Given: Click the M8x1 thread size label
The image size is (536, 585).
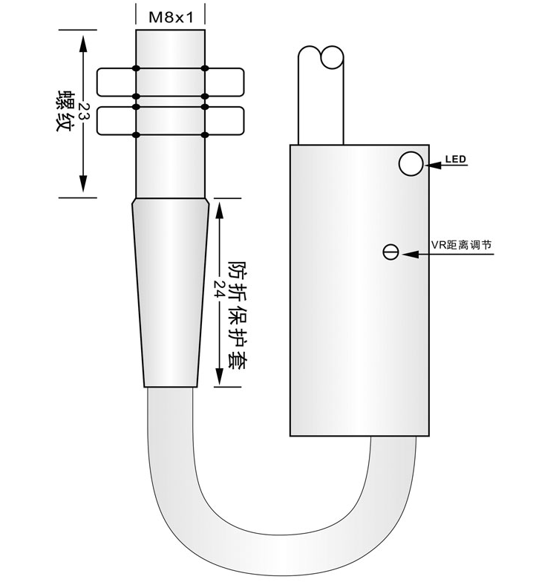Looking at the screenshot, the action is [171, 17].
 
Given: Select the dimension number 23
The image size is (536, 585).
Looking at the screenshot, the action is [83, 111].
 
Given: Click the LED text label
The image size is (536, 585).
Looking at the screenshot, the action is [456, 160].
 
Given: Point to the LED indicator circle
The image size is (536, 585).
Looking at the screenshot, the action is [411, 163].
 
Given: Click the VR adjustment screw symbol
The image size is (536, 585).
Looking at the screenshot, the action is [390, 252].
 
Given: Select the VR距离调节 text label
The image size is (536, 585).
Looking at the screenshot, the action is [462, 245].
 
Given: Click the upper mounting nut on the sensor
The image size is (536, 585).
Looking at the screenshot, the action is [171, 82].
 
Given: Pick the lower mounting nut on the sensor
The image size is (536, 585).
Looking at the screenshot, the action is [171, 120].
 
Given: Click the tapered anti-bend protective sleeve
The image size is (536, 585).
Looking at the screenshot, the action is [171, 292].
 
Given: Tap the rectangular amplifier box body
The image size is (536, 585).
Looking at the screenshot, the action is [359, 290].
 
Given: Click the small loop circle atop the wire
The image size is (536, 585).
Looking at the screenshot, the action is [332, 57].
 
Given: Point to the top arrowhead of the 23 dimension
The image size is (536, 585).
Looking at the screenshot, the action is [83, 44].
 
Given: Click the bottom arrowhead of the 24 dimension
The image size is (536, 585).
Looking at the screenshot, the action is [220, 375].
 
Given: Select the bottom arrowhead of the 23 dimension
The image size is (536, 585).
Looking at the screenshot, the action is [83, 183].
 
